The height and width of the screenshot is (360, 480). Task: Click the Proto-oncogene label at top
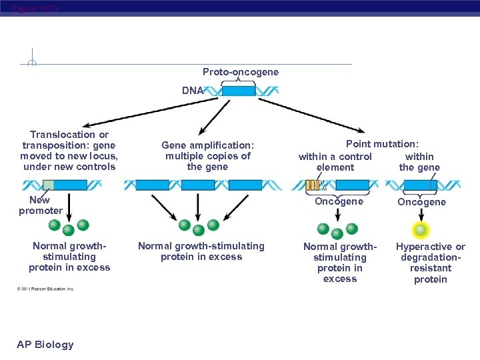[241, 71]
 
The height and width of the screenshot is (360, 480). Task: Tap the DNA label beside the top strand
[193, 91]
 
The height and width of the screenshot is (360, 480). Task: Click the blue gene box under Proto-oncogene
[239, 91]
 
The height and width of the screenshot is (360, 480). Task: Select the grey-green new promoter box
[48, 185]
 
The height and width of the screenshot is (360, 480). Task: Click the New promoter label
[40, 205]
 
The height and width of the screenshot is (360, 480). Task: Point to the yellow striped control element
[312, 185]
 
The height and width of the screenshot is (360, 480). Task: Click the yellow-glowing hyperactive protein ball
[421, 230]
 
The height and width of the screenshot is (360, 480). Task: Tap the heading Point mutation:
[382, 144]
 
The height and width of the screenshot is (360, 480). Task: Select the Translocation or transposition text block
[69, 151]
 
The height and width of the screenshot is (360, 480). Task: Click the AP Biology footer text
[45, 344]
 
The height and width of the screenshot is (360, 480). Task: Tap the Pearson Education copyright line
[45, 289]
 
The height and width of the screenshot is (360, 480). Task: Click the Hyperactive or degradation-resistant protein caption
[431, 263]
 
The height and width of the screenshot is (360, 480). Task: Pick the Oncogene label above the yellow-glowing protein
[421, 202]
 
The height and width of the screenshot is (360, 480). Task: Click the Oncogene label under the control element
[339, 201]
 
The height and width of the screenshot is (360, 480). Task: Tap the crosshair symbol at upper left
[32, 63]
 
